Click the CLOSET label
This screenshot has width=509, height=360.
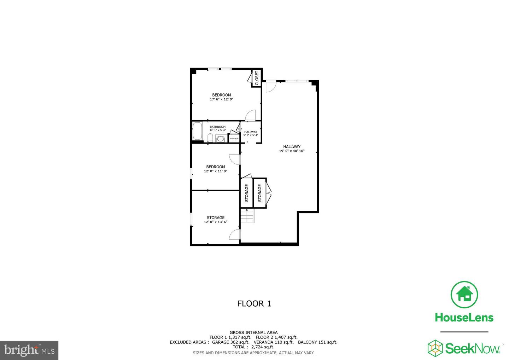pos(257,78)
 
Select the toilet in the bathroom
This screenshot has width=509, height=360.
pos(210,138)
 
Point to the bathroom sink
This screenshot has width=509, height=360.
pos(221,139)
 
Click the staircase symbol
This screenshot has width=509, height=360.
pos(247,215)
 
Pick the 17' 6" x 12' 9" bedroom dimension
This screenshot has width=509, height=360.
pos(222,99)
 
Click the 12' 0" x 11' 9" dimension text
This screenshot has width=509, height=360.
pos(216,171)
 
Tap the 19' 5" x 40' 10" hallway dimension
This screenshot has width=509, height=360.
pos(292,151)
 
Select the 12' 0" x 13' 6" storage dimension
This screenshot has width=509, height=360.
pos(216,222)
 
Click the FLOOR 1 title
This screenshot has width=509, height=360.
pos(254,303)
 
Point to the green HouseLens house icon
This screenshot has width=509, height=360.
pos(464,295)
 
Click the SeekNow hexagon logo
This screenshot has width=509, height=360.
pos(435,348)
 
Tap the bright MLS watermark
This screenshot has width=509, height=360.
pos(29,350)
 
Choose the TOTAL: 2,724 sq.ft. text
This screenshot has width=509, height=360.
pos(254,347)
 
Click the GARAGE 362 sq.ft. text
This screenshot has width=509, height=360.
pos(230,342)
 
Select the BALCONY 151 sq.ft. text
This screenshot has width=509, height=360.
pos(317,342)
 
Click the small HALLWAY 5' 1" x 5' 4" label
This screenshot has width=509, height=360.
pos(251,133)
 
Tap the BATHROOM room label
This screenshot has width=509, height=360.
pos(217,127)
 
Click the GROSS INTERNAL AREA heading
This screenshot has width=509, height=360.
pos(253,332)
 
